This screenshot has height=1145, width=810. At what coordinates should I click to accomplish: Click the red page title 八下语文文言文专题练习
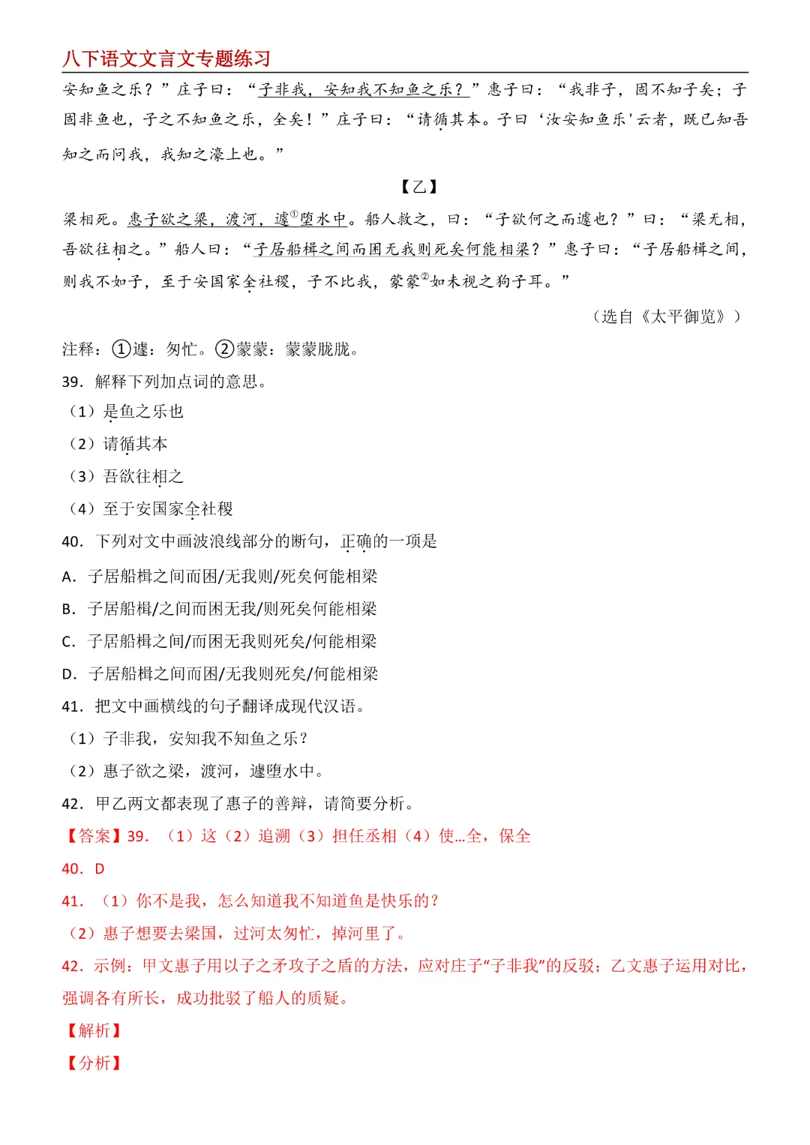click(x=166, y=58)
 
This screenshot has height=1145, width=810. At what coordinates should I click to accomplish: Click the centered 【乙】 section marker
click(x=418, y=187)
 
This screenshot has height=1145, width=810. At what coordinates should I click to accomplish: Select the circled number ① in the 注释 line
click(x=121, y=349)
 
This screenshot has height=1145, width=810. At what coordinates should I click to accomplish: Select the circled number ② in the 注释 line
click(x=225, y=349)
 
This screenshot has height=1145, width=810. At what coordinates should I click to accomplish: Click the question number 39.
click(x=73, y=382)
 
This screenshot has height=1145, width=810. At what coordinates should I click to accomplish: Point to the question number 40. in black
click(x=73, y=541)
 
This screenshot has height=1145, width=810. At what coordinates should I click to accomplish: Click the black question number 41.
click(x=73, y=706)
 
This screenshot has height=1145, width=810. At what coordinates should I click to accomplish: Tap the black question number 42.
click(x=73, y=804)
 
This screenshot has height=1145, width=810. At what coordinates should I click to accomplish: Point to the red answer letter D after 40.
click(x=100, y=868)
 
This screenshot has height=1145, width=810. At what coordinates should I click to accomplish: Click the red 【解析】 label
click(x=94, y=1031)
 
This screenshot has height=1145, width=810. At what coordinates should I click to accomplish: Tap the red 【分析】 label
click(x=94, y=1063)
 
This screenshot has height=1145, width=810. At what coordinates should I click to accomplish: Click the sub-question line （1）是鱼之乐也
click(x=126, y=412)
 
